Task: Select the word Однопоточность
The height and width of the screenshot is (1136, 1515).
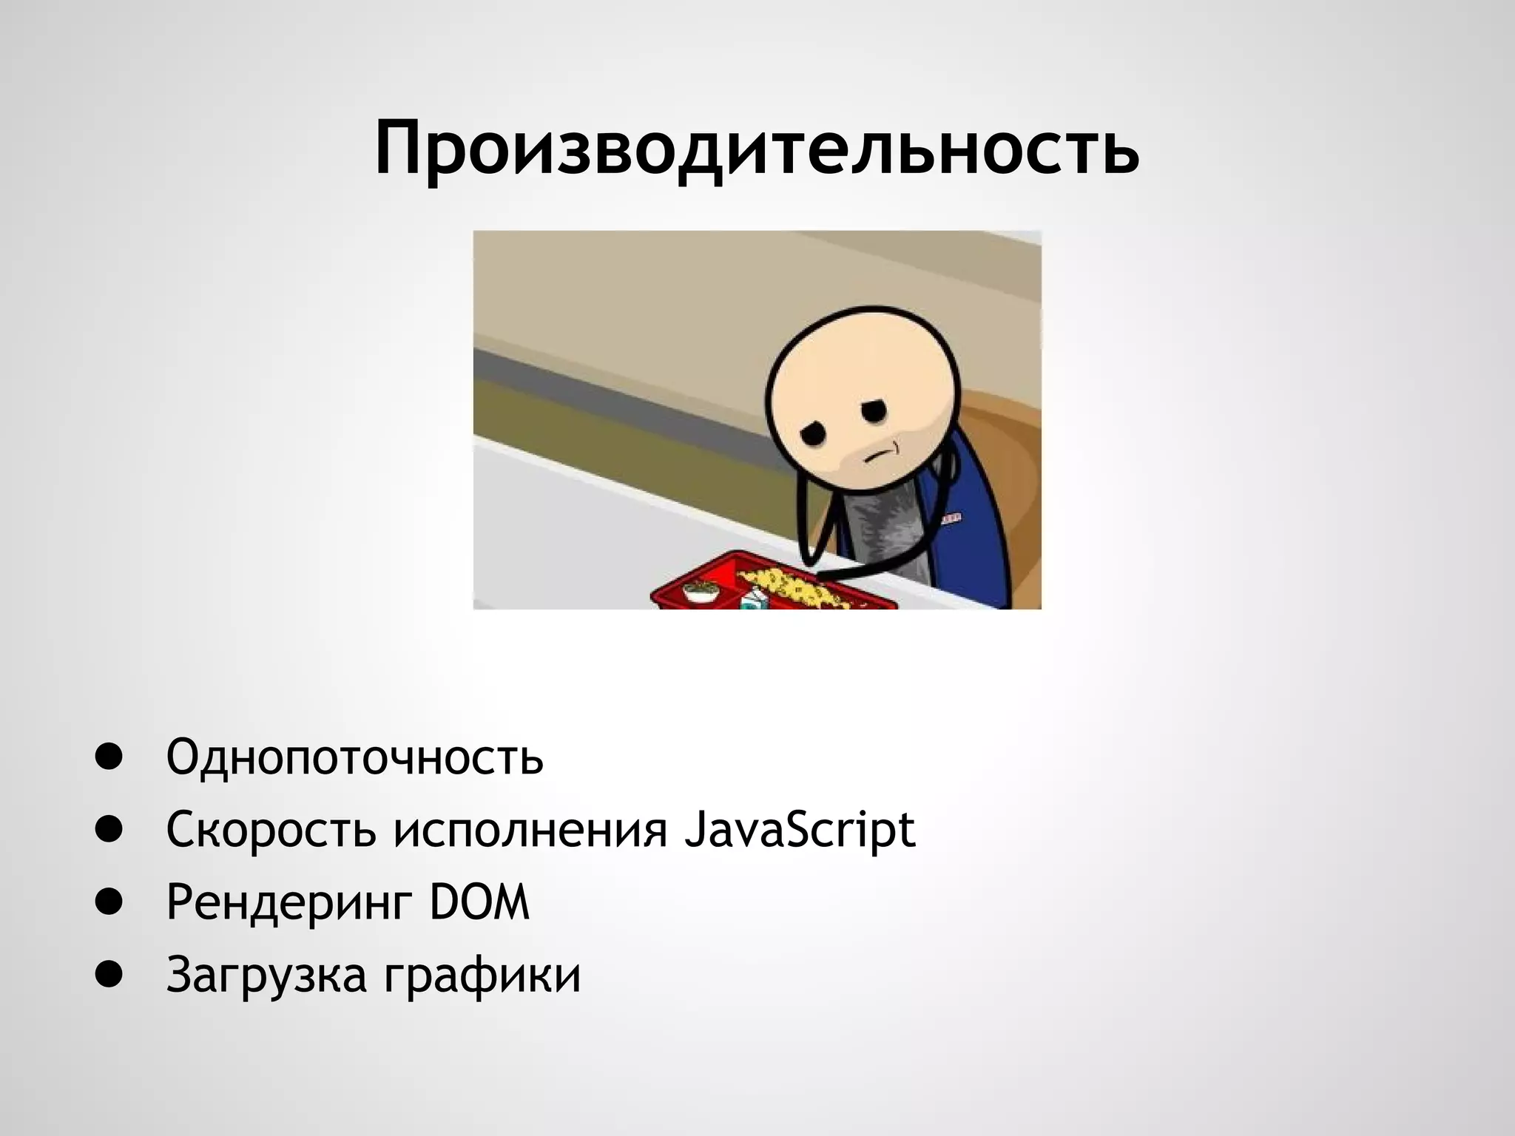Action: (355, 757)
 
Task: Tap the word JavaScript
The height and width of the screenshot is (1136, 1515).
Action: (800, 830)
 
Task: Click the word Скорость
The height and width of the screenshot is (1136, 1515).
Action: (271, 830)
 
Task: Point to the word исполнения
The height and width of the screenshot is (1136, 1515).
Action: (530, 830)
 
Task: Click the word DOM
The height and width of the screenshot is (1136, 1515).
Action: (480, 902)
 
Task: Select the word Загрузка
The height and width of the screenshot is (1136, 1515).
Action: (266, 975)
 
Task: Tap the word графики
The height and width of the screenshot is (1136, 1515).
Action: (482, 975)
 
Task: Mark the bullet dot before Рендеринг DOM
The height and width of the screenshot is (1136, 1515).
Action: (108, 903)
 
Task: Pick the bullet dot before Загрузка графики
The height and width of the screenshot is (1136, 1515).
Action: (108, 976)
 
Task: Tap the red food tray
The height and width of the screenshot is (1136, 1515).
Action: (769, 584)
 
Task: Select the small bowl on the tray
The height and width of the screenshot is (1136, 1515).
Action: (701, 592)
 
